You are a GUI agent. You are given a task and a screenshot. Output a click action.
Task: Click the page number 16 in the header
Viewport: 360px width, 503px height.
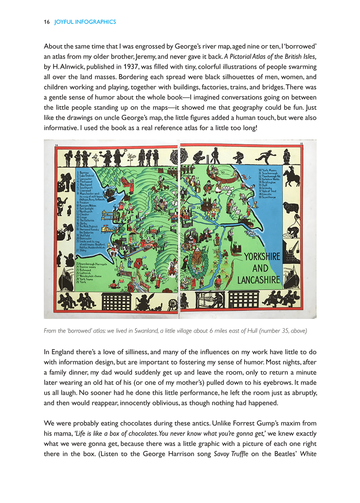47,22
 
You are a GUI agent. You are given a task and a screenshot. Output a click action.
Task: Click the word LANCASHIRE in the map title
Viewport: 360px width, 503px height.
258,279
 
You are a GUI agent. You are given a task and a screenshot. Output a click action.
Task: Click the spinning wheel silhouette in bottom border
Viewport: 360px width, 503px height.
173,303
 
